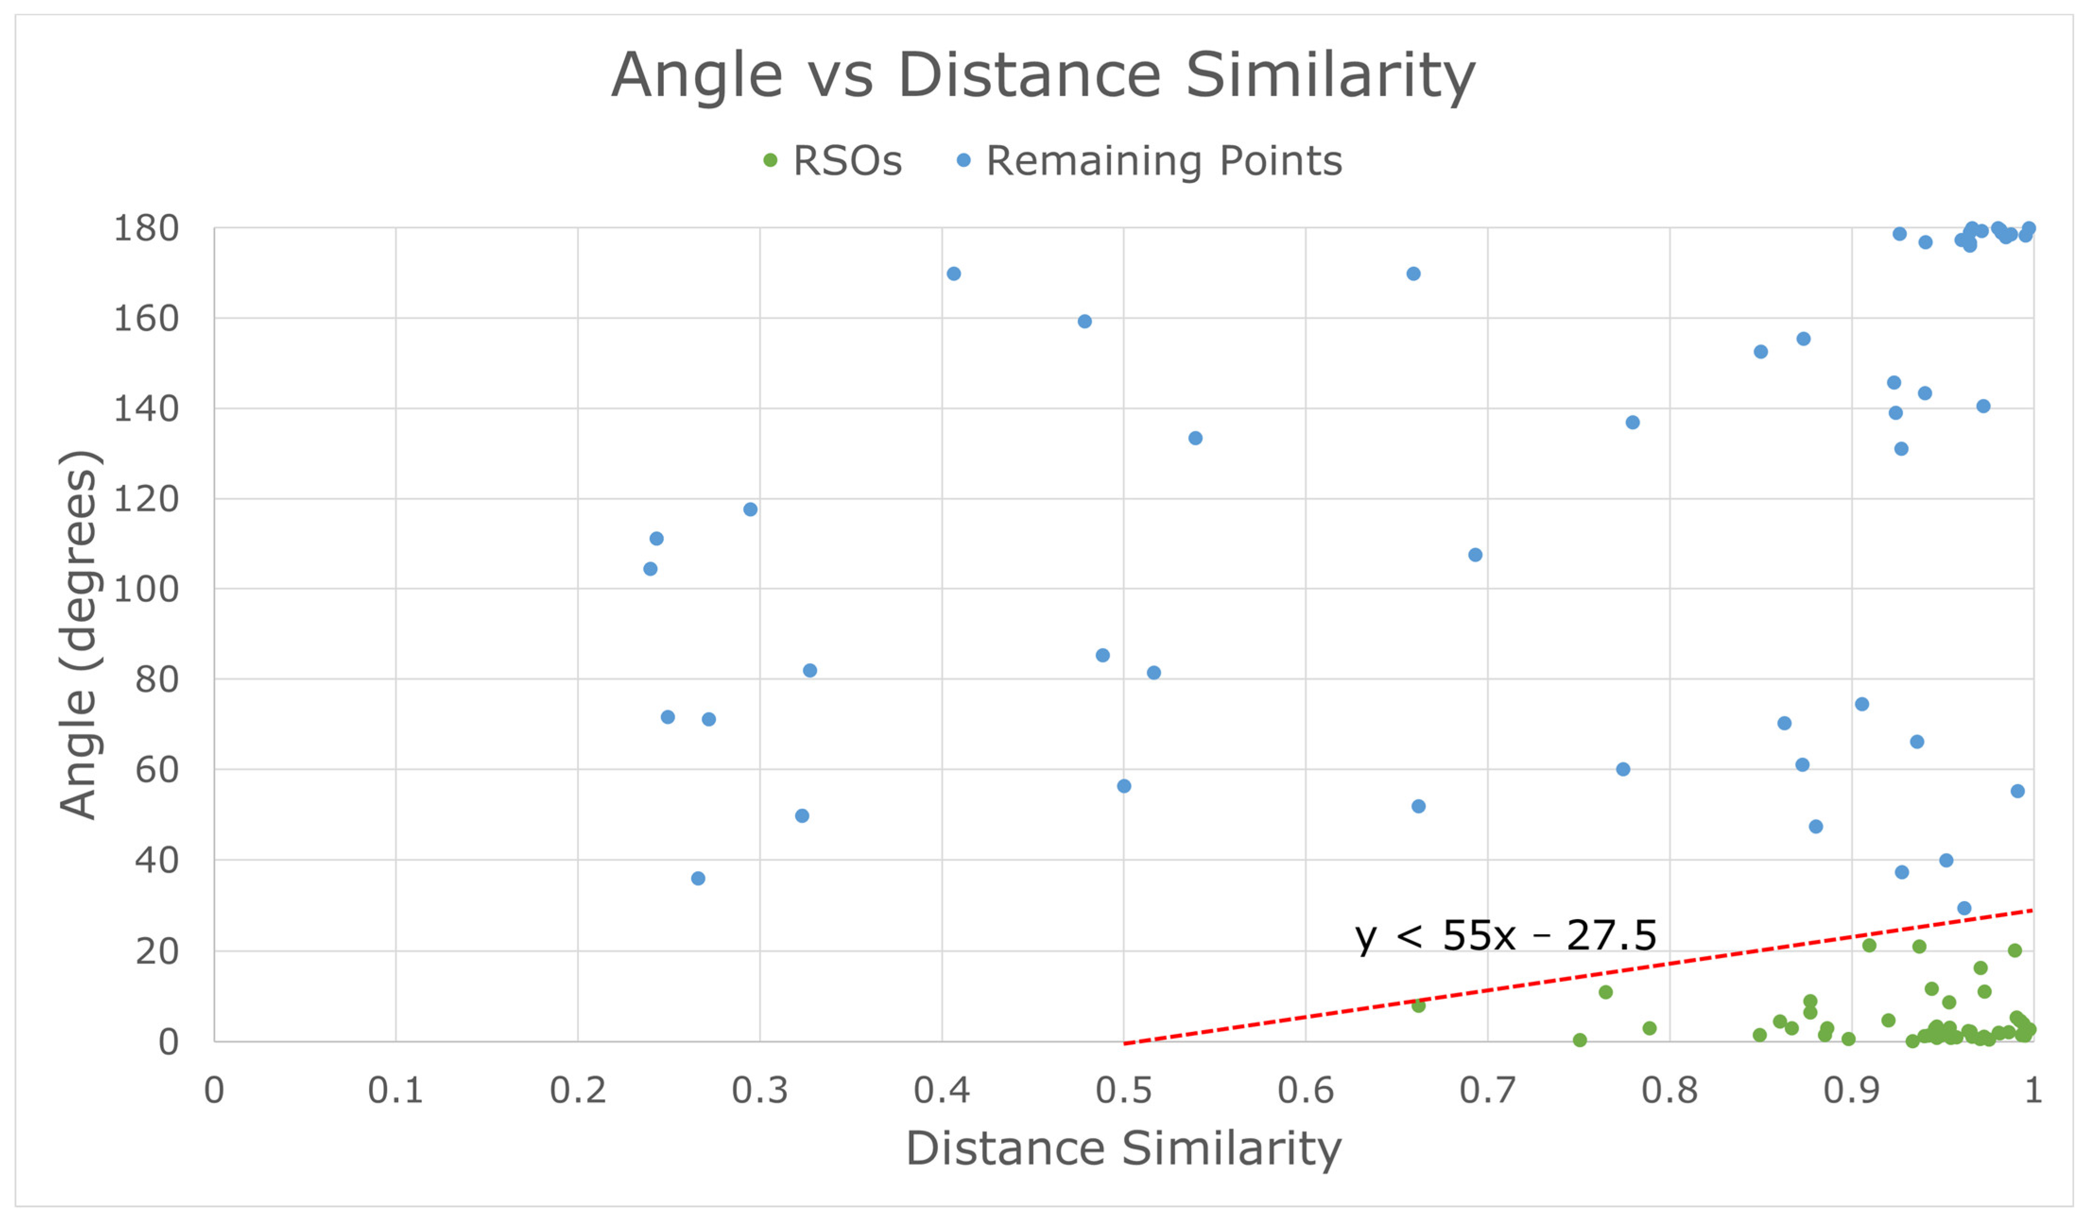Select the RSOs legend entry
832,161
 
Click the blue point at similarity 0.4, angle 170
953,274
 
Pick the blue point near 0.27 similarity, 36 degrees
698,878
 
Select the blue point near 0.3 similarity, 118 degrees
750,509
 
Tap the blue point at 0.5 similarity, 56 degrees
1124,786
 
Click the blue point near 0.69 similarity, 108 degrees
1475,555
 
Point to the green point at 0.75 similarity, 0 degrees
1580,1040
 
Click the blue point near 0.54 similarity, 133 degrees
1195,438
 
